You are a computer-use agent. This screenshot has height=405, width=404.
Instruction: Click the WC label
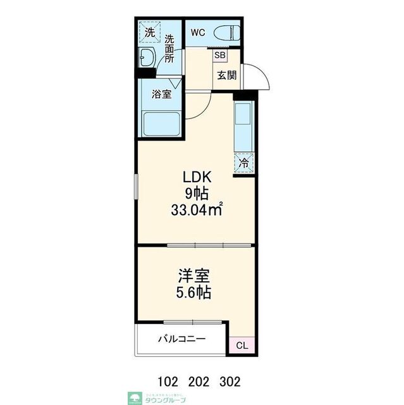[x=196, y=32]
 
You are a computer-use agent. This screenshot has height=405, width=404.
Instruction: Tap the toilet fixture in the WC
[x=226, y=33]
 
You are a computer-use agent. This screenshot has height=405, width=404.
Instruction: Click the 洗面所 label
[x=169, y=49]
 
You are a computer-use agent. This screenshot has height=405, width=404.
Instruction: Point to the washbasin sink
[x=147, y=58]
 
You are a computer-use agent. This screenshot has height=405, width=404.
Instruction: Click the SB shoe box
[x=219, y=56]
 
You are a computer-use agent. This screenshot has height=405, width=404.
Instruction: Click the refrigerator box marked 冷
[x=244, y=163]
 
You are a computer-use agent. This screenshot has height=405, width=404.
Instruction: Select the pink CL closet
[x=242, y=346]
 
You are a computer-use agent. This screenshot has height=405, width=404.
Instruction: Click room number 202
[x=199, y=382]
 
